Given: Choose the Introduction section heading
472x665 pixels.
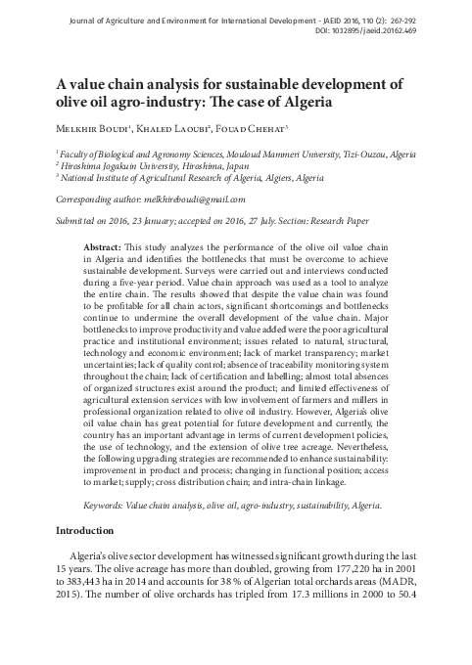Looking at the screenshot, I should click(x=85, y=529).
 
